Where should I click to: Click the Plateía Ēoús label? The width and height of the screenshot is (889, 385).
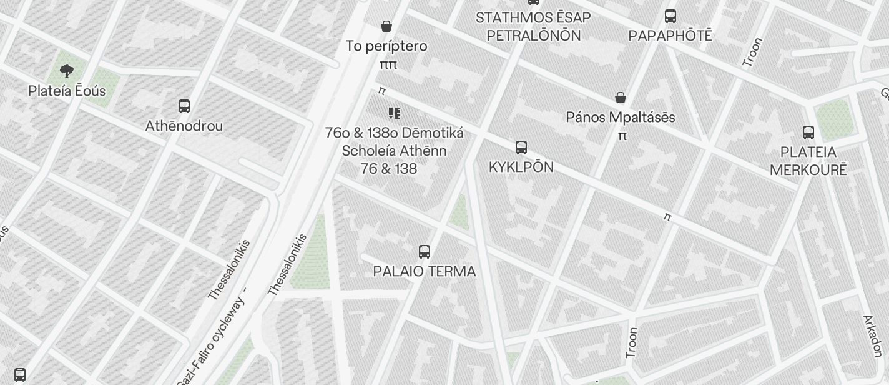(67, 91)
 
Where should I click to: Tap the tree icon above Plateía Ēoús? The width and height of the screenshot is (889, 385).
(67, 71)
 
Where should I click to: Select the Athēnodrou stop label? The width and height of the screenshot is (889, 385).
(184, 126)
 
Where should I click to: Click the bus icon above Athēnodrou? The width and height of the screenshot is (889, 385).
(184, 106)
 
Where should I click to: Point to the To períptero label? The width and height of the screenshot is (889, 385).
(386, 46)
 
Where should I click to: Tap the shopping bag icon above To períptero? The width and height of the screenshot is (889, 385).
(386, 26)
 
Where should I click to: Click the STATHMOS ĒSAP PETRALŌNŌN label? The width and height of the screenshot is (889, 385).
(533, 26)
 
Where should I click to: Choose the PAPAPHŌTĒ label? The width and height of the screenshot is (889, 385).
(670, 35)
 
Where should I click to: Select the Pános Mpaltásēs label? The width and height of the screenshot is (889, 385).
(621, 117)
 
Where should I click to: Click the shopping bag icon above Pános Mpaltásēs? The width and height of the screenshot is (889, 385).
(621, 97)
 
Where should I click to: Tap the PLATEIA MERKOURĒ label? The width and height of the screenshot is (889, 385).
(808, 161)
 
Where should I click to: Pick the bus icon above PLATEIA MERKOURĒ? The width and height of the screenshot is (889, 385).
(808, 132)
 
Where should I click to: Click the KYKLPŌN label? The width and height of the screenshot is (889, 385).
(521, 167)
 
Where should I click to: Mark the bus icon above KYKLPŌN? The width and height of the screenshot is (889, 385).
(521, 147)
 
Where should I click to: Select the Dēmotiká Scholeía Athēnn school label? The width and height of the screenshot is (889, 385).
(394, 151)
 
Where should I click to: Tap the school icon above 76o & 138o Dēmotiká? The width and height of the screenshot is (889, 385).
(394, 113)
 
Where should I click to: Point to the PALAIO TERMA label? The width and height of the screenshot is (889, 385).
(425, 271)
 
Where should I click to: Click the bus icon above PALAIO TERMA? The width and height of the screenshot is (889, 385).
(425, 252)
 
